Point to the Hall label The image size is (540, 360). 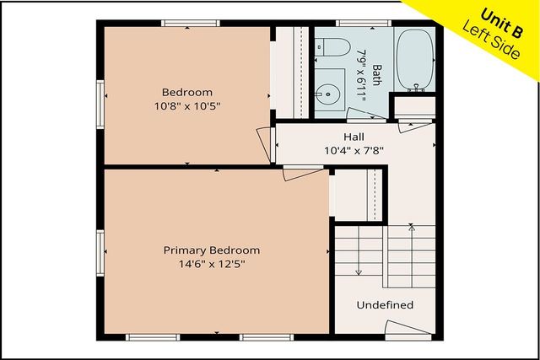(354, 137)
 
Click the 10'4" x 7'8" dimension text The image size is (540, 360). (354, 151)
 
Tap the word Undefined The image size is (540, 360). (385, 304)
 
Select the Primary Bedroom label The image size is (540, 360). (211, 250)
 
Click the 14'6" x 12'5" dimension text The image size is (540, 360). (211, 264)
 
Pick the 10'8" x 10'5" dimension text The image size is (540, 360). (186, 106)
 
